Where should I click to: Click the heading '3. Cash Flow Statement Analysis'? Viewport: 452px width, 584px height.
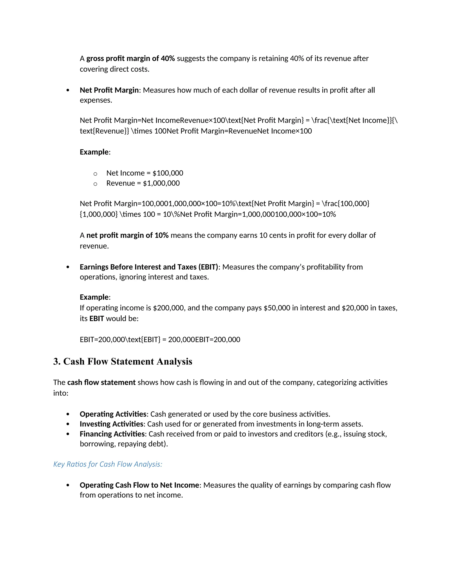coord(123,361)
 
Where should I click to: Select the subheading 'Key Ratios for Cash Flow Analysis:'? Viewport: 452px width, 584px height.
coord(108,464)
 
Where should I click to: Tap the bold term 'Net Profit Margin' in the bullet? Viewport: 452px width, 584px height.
coord(109,90)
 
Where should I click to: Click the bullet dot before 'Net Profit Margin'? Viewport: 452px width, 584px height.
coord(68,90)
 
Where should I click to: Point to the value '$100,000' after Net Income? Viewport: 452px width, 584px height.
coord(168,173)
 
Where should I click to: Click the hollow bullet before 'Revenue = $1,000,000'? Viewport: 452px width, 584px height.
coord(95,184)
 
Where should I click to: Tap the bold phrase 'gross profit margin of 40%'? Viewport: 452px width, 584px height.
coord(130,59)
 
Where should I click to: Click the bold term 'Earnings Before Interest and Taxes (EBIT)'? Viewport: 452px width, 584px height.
coord(149,267)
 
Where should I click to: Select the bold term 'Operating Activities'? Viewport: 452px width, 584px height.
coord(113,414)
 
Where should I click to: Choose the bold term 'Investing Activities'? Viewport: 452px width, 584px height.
coord(112,424)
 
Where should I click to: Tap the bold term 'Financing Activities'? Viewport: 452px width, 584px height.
coord(112,434)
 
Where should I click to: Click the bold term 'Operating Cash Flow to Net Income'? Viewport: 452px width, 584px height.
coord(139,485)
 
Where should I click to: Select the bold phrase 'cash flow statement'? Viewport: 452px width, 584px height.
coord(102,383)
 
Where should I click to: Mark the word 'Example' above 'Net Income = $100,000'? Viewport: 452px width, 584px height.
coord(94,152)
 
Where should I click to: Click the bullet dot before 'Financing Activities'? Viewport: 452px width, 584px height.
coord(68,434)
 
